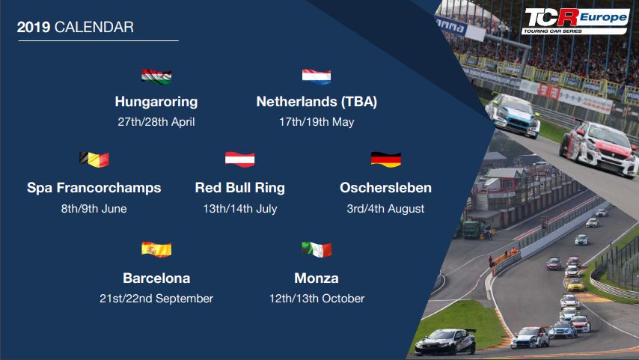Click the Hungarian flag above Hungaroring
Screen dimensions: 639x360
pos(156,76)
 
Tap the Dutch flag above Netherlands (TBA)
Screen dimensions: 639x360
pos(317,76)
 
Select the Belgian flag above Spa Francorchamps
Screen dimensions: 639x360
pos(94,159)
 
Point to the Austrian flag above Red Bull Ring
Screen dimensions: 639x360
pos(240,159)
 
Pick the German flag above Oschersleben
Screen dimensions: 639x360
pos(386,159)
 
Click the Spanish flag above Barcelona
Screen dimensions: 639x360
pos(156,249)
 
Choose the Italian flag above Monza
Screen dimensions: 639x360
pos(317,249)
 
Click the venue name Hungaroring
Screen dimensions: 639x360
pos(156,102)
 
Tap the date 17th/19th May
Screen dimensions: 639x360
pos(317,122)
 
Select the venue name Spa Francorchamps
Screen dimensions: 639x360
pos(94,188)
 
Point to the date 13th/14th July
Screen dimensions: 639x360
pos(240,209)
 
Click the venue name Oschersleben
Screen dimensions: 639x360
pos(385,188)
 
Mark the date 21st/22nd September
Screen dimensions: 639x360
pos(156,299)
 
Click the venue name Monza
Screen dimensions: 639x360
pos(317,278)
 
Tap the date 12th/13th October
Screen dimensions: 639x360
pos(317,299)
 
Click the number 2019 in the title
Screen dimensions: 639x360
pos(34,27)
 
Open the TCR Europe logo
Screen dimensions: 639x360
pos(575,21)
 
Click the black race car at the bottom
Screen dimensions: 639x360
pos(445,341)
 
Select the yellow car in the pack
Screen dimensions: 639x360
pos(575,285)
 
